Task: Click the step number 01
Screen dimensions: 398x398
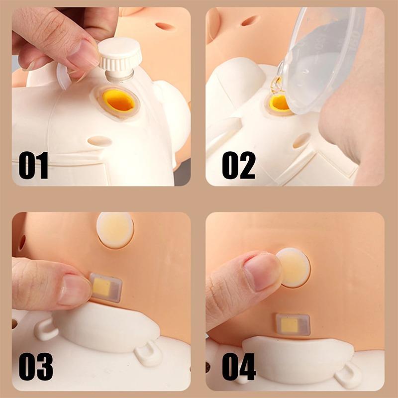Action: coord(33,165)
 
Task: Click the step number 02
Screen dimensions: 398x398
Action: coord(239,165)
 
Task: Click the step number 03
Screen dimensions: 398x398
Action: coord(36,367)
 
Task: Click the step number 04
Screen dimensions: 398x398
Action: coord(239,367)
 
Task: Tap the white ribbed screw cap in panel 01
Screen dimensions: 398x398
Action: coord(119,55)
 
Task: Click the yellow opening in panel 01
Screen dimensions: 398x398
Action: coord(119,100)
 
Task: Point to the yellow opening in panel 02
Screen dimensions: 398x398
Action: coord(279,102)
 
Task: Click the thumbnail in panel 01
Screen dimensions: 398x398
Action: coord(84,52)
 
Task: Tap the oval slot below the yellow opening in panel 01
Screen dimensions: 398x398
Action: coord(100,141)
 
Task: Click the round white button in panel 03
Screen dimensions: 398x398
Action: coord(115,230)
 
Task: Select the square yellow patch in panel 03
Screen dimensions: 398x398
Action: coord(102,288)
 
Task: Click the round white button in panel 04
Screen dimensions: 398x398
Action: coord(293,268)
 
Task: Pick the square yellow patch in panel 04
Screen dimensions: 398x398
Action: coord(290,325)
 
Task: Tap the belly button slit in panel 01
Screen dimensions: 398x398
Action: coord(165,26)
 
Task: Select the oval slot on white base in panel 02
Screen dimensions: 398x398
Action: coord(301,140)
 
